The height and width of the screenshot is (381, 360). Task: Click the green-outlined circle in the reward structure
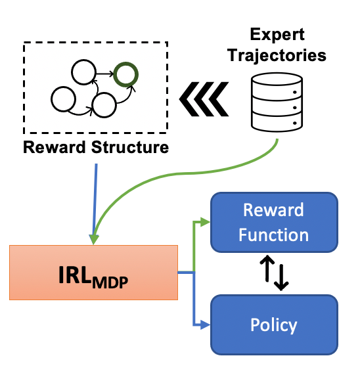tap(126, 64)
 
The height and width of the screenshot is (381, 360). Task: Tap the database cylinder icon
tap(277, 102)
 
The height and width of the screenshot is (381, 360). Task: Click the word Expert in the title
tap(277, 35)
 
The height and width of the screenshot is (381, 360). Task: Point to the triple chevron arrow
tap(204, 99)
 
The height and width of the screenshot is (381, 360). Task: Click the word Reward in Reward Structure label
tap(55, 148)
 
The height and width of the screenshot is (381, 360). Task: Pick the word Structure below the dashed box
tap(130, 148)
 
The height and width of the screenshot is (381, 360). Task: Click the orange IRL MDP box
tap(93, 273)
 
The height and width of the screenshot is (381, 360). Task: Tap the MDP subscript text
tap(110, 282)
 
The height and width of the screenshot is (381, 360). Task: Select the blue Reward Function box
tap(274, 222)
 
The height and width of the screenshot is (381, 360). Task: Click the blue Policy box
tap(274, 325)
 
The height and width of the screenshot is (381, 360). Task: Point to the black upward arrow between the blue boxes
tap(267, 269)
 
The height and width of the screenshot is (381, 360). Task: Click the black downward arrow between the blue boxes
tap(281, 277)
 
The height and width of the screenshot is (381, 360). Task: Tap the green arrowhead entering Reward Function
tap(205, 222)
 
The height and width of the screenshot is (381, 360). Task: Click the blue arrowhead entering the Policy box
tap(205, 325)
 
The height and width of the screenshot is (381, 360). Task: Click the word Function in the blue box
tap(274, 235)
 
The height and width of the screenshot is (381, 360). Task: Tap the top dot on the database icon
tap(295, 93)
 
